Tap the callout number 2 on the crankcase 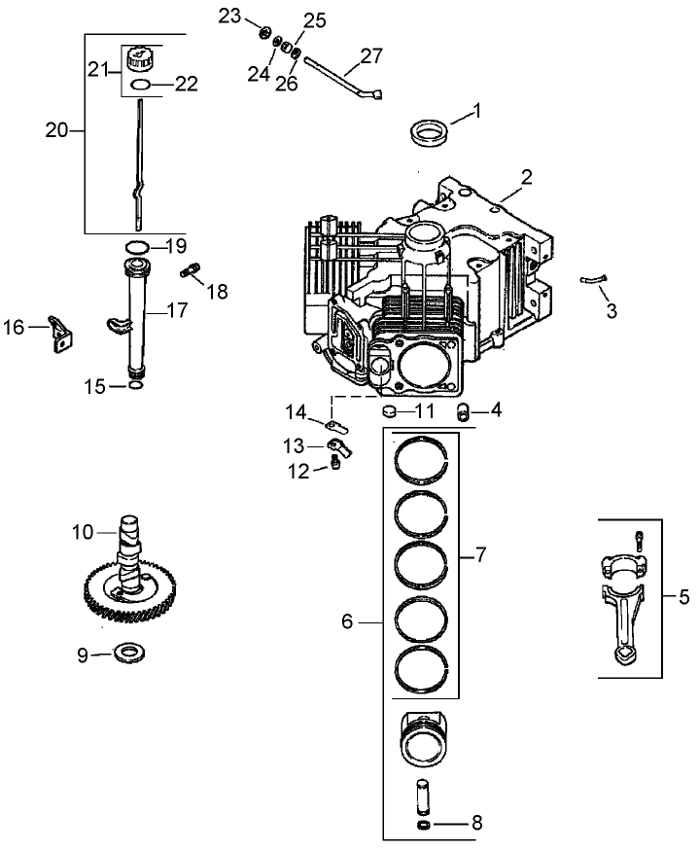click(526, 177)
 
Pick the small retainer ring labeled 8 click(425, 825)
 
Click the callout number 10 click(84, 532)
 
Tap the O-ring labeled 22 click(142, 86)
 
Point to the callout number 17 click(176, 311)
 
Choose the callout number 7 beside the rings click(479, 555)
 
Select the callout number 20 click(57, 129)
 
